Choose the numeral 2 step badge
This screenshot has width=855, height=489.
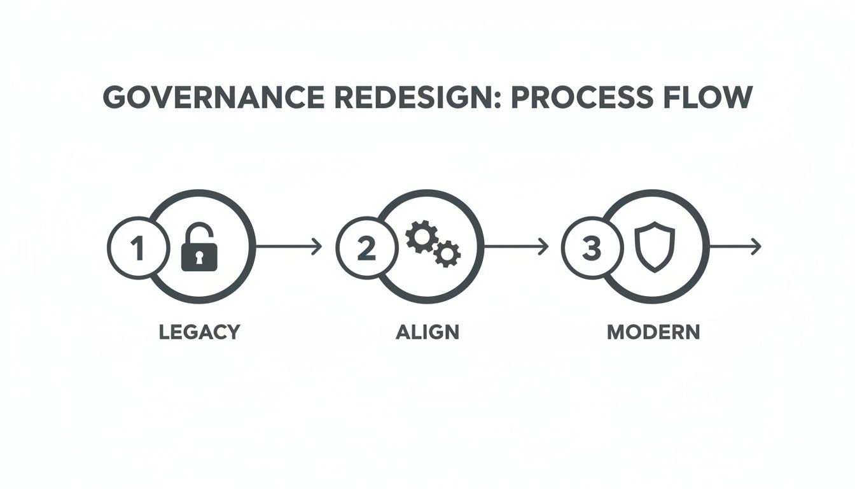366,248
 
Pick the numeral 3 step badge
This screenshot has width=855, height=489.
592,248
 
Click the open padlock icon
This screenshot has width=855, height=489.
199,248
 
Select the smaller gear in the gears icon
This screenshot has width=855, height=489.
447,254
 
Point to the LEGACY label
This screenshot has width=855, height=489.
199,332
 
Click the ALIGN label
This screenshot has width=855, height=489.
427,332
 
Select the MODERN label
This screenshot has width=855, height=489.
653,332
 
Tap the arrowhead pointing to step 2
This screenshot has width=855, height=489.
317,247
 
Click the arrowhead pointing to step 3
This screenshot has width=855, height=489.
544,247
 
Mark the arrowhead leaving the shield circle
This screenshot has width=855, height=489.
756,247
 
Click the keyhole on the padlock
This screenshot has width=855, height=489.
199,257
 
